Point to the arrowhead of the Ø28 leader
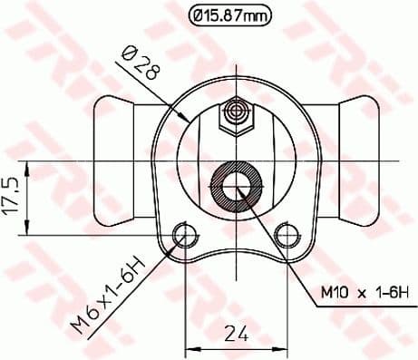[x=187, y=119]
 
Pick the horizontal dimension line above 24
[x=238, y=348]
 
